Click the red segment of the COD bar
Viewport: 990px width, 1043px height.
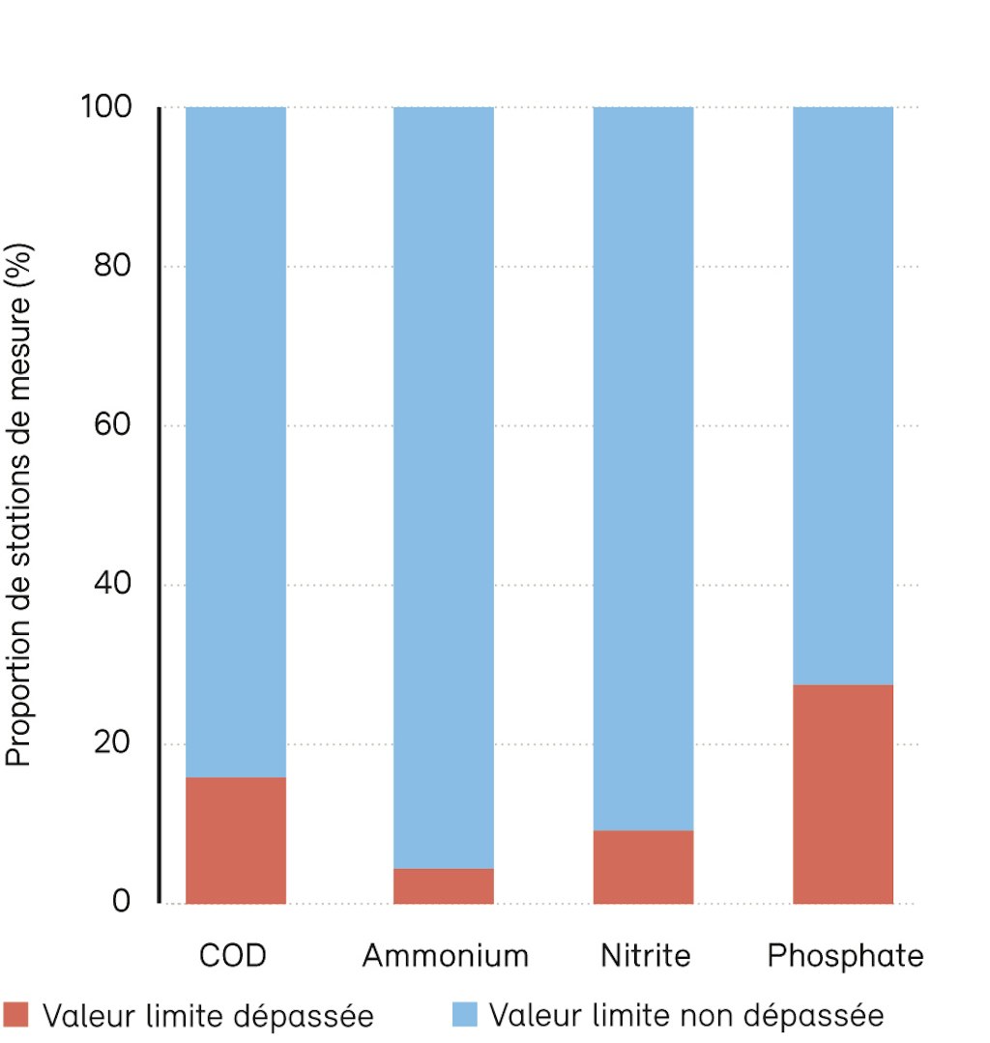coord(235,840)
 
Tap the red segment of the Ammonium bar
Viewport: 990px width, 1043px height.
coord(443,885)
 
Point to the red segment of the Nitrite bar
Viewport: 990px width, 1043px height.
coord(643,866)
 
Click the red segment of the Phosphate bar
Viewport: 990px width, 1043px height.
coord(843,794)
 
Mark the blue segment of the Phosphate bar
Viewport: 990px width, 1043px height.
coord(843,395)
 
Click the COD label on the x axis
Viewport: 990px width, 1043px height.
coord(232,956)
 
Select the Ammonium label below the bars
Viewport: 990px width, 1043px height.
coord(446,956)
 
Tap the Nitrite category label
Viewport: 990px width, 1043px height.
coord(646,956)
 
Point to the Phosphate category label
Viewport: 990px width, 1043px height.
coord(845,956)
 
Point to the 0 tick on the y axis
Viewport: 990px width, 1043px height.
coord(121,903)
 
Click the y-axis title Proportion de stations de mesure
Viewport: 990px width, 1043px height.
coord(21,505)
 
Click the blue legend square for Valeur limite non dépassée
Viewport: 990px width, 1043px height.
coord(464,1014)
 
